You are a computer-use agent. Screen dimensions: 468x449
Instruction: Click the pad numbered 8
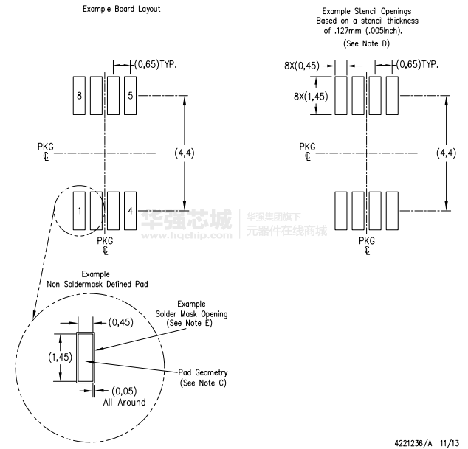point(79,95)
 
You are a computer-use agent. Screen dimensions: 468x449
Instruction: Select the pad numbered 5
point(130,95)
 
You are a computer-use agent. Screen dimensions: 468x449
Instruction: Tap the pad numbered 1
point(79,211)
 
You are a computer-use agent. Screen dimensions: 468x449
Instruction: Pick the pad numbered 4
point(130,211)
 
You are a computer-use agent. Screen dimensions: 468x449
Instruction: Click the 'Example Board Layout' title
point(122,9)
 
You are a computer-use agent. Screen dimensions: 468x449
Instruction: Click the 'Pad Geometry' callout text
point(203,372)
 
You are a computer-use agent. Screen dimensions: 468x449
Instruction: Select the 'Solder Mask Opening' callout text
point(192,314)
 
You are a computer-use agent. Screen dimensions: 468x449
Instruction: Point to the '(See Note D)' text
point(366,43)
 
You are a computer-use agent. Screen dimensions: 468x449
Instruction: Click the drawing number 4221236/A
point(413,443)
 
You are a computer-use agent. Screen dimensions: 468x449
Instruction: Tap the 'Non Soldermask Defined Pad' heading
point(97,284)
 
